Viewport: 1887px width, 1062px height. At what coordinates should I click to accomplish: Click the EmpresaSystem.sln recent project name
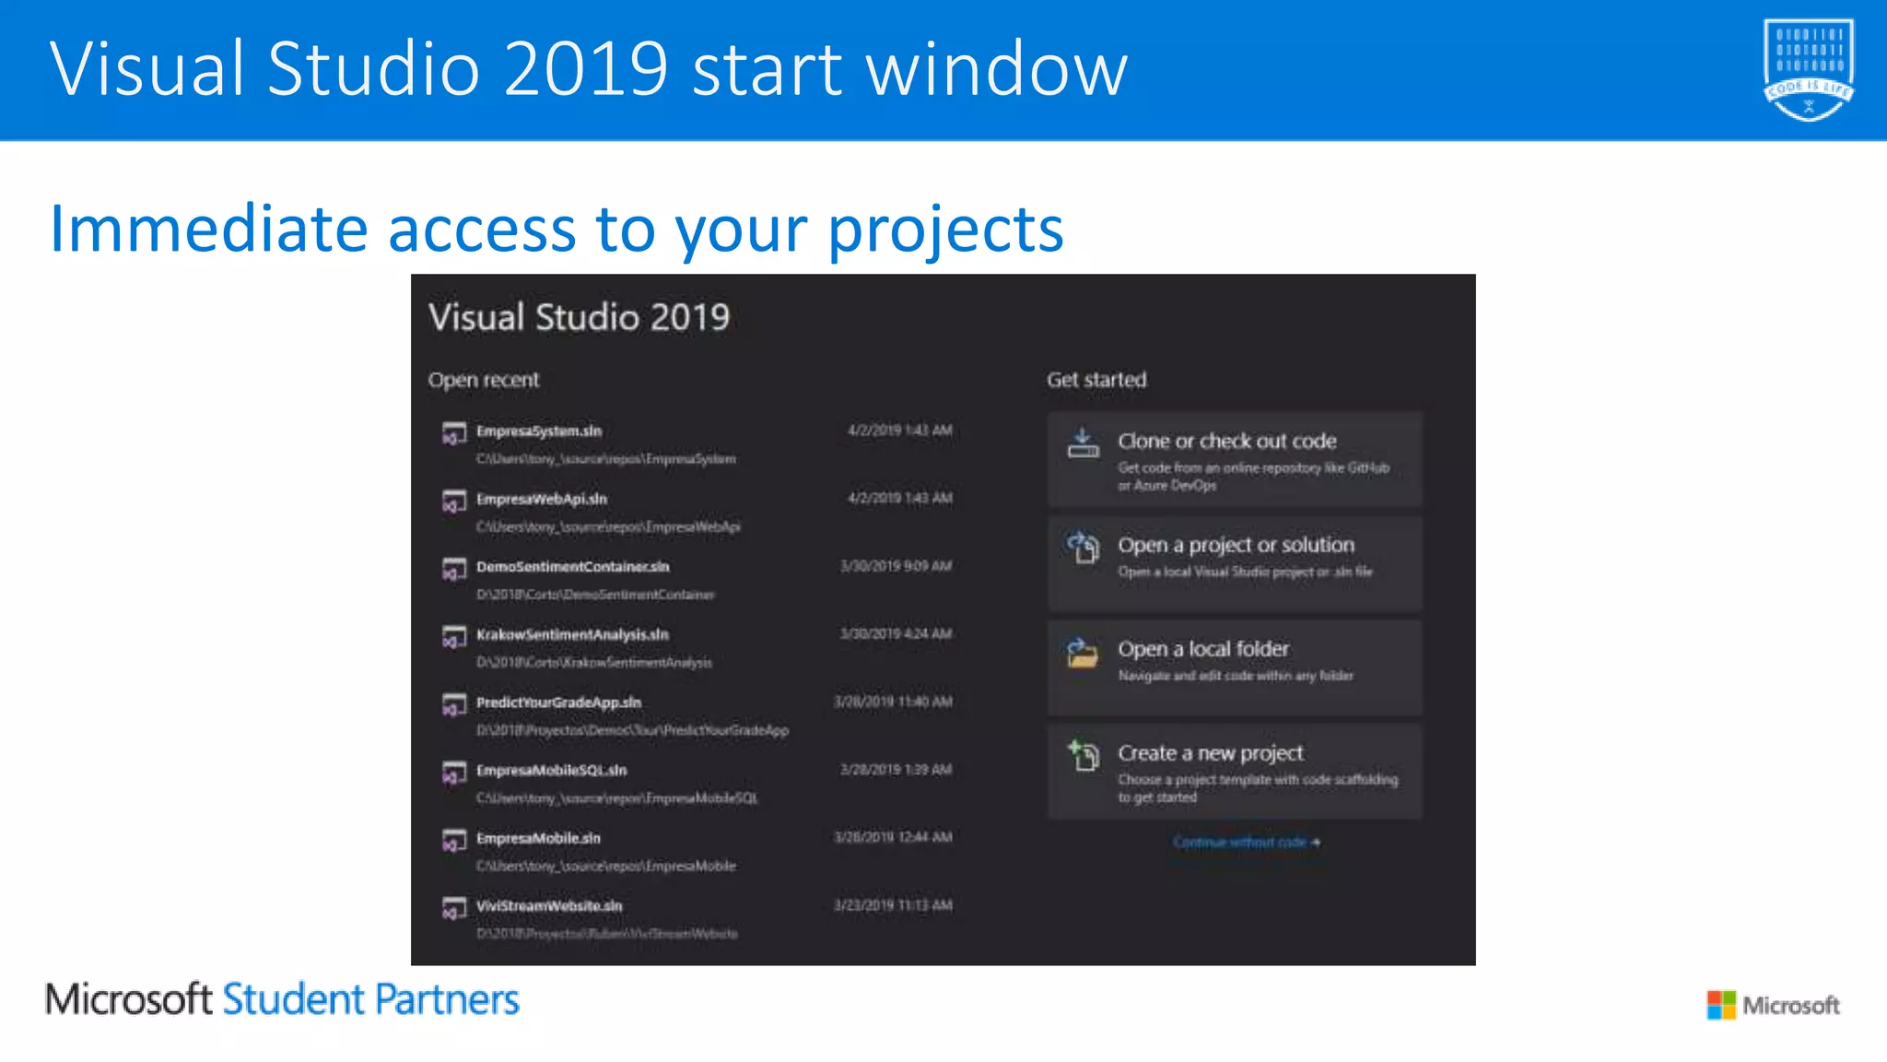[x=538, y=431]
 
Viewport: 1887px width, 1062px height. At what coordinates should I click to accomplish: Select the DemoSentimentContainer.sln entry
[x=572, y=567]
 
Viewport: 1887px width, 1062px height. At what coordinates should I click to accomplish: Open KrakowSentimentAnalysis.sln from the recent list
[x=572, y=635]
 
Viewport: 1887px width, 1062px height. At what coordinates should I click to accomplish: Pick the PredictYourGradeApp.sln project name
[x=558, y=702]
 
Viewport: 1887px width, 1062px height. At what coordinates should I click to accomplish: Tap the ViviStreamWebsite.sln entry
[x=549, y=906]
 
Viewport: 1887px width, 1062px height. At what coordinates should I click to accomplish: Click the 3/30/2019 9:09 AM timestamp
[x=896, y=566]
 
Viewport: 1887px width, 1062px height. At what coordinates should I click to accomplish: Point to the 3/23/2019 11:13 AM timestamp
[x=893, y=905]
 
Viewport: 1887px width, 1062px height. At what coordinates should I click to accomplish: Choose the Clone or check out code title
[x=1226, y=442]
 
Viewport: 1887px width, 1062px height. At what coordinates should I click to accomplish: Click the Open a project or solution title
[x=1236, y=546]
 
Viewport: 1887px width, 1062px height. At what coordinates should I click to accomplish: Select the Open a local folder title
[x=1202, y=650]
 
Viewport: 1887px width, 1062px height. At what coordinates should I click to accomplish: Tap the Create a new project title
[x=1210, y=754]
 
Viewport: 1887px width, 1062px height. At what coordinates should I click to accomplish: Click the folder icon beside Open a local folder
[x=1083, y=654]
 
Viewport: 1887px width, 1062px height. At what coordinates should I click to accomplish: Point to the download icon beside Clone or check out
[x=1083, y=443]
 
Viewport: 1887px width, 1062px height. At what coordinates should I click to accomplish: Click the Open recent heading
[x=483, y=380]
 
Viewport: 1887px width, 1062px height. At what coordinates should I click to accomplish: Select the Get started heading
[x=1096, y=380]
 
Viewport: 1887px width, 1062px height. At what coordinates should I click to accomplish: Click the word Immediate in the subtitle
[x=208, y=229]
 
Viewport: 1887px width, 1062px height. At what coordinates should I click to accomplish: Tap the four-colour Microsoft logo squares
[x=1720, y=1005]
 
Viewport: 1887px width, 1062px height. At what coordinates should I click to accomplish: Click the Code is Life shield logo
[x=1808, y=69]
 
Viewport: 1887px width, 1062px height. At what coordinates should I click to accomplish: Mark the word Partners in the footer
[x=447, y=1000]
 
